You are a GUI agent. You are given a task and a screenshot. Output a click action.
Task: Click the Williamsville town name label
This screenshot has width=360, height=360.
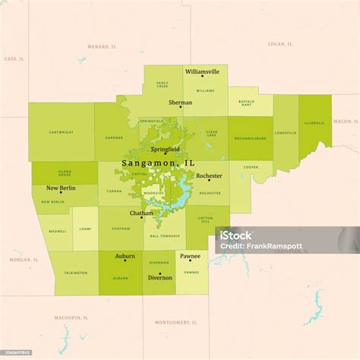202,71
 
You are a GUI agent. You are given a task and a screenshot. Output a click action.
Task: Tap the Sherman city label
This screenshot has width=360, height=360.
181,102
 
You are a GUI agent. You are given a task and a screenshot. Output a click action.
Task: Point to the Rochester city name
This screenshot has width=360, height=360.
209,175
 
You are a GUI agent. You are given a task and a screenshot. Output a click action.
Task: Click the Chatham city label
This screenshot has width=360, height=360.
141,213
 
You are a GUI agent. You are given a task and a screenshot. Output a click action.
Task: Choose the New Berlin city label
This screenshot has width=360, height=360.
61,188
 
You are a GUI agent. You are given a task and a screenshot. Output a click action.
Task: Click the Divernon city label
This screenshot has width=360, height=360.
159,277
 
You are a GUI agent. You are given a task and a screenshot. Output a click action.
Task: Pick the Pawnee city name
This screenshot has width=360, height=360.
191,256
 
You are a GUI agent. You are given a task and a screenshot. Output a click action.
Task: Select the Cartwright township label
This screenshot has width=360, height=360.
62,132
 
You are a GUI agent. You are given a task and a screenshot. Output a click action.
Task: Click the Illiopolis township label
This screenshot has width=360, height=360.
314,122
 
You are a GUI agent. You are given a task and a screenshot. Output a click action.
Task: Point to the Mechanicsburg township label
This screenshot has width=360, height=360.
250,138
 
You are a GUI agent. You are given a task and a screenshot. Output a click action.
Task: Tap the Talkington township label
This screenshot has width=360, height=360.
75,273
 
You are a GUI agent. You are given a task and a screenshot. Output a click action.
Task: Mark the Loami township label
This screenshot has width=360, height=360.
85,228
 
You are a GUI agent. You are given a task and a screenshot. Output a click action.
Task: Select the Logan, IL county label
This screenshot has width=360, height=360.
276,44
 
